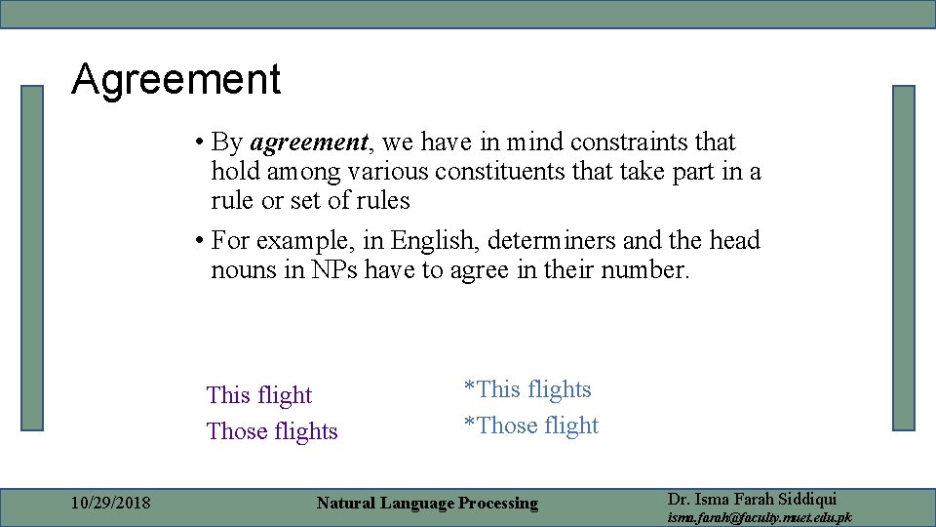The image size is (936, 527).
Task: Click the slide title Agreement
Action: [x=175, y=80]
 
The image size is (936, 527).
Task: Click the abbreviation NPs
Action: [x=334, y=269]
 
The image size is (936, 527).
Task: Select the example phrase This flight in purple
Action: [x=259, y=395]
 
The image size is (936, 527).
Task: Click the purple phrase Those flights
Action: [x=272, y=431]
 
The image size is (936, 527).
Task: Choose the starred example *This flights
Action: [x=527, y=389]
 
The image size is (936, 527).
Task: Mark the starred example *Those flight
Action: [x=531, y=426]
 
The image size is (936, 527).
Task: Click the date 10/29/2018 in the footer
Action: [x=111, y=504]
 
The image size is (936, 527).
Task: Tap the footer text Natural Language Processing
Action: [x=427, y=504]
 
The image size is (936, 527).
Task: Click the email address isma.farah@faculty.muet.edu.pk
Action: [x=760, y=517]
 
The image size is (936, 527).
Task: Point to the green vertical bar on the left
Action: [x=33, y=258]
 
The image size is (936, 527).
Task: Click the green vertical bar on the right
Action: [x=904, y=258]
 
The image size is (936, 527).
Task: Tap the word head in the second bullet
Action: [x=734, y=240]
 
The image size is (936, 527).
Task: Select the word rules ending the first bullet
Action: [x=381, y=201]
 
